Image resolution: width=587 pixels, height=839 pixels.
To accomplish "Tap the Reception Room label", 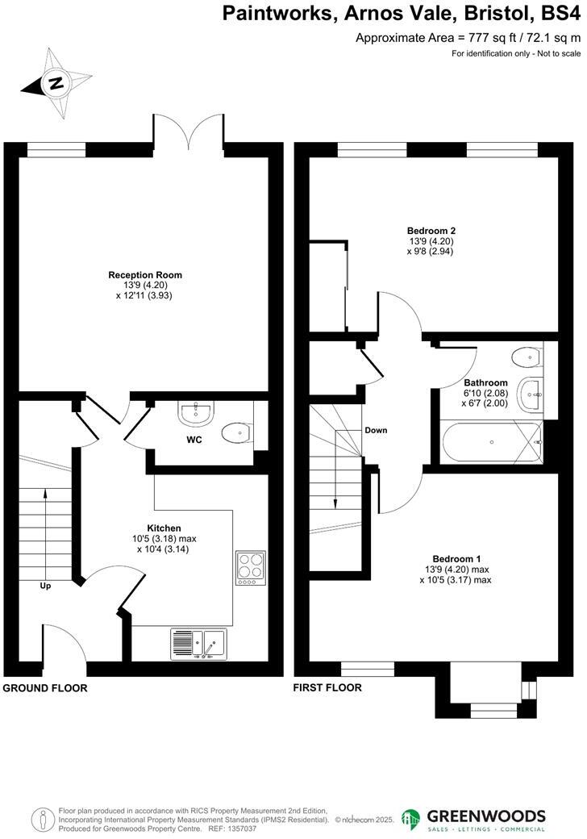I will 145,275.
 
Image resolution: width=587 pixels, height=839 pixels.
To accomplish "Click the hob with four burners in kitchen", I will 250,568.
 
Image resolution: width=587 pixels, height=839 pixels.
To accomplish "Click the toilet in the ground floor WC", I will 238,433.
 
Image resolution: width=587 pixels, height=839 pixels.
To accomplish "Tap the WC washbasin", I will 195,415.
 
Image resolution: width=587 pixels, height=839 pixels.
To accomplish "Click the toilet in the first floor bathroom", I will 529,356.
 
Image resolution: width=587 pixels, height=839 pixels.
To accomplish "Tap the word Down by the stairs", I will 375,430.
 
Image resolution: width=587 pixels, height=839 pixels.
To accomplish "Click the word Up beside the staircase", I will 45,586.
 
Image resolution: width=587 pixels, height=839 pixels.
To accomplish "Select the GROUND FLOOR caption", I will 45,688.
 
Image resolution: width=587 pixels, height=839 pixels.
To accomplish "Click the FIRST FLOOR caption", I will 327,688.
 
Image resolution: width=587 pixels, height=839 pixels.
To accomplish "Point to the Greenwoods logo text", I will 486,816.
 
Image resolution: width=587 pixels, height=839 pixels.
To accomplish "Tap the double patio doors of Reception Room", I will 189,131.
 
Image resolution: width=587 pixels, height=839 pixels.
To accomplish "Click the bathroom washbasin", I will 532,393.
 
